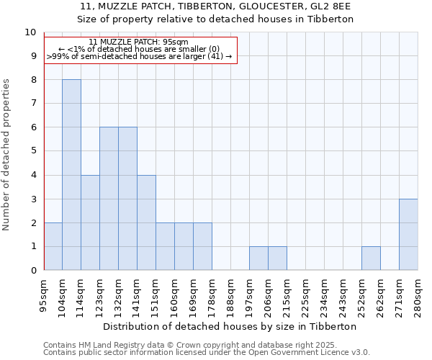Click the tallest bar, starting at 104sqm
tap(71, 175)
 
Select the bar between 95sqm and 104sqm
tap(53, 246)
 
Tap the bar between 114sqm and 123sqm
tap(90, 222)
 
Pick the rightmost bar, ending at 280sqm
tap(408, 235)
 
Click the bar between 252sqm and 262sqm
tap(371, 258)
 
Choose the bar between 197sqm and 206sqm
tap(258, 258)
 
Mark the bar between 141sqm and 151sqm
tap(146, 222)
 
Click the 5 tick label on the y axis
tap(32, 151)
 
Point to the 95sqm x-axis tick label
tap(44, 294)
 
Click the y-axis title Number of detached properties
tap(7, 155)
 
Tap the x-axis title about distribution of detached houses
tap(230, 326)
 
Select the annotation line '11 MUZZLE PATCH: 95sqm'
tap(140, 42)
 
